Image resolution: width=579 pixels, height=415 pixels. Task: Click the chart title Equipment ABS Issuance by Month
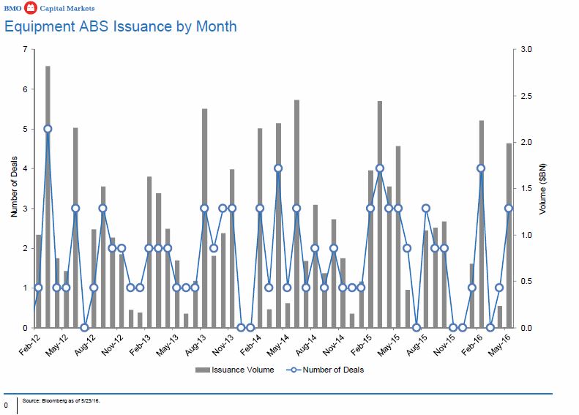pyautogui.click(x=120, y=26)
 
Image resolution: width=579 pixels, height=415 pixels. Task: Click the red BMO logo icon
pyautogui.click(x=30, y=7)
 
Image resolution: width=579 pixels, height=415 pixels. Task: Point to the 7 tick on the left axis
pyautogui.click(x=25, y=50)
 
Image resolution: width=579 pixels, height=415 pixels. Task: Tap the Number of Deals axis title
pyautogui.click(x=14, y=189)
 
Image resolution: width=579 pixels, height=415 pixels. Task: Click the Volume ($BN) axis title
pyautogui.click(x=542, y=189)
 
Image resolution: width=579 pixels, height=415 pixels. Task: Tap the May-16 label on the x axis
pyautogui.click(x=501, y=342)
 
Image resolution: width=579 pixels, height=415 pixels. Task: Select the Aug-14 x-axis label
pyautogui.click(x=307, y=342)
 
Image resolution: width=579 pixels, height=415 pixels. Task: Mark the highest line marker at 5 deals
pyautogui.click(x=48, y=129)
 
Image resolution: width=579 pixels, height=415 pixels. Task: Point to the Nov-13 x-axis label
pyautogui.click(x=223, y=342)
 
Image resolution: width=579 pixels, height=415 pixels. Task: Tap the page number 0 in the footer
pyautogui.click(x=6, y=404)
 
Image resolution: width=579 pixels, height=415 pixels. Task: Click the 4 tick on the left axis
pyautogui.click(x=25, y=169)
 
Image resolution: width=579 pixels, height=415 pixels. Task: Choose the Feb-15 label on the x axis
pyautogui.click(x=362, y=342)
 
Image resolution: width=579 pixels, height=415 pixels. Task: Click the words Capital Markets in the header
pyautogui.click(x=64, y=7)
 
